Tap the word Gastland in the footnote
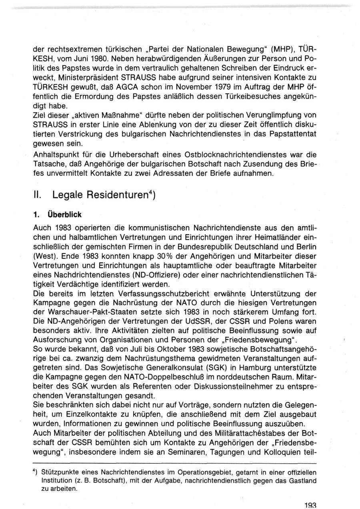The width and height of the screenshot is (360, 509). click(x=302, y=480)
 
